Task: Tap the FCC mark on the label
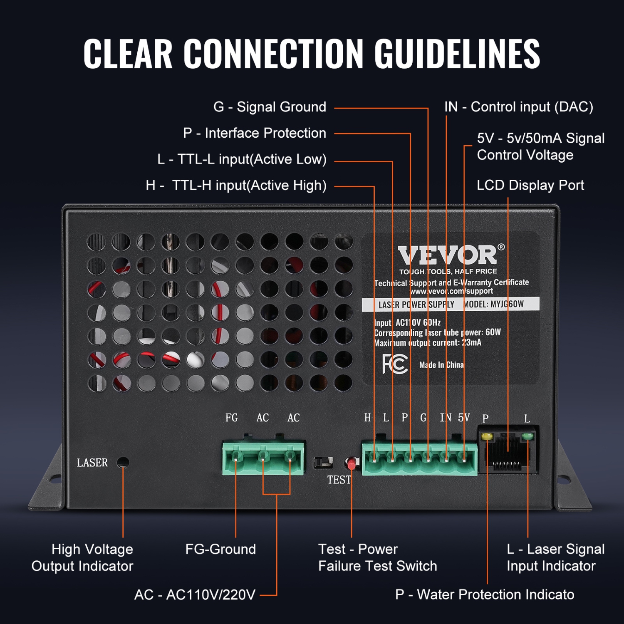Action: click(394, 364)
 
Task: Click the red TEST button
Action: click(352, 463)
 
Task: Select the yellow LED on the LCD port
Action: click(486, 437)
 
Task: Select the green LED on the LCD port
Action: click(527, 436)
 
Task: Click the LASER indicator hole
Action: click(123, 462)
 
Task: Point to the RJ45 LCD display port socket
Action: click(508, 453)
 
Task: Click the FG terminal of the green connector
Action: click(235, 456)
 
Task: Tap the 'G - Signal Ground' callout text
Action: click(270, 107)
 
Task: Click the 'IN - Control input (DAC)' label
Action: click(518, 107)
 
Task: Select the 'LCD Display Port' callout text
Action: click(530, 185)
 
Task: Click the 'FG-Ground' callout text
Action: click(220, 549)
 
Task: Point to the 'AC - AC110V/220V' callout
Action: click(195, 595)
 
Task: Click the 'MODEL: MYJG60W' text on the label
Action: click(493, 304)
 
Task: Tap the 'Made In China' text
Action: click(441, 365)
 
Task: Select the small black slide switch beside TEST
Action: click(323, 462)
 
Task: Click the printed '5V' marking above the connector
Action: click(463, 418)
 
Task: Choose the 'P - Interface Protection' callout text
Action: click(255, 133)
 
